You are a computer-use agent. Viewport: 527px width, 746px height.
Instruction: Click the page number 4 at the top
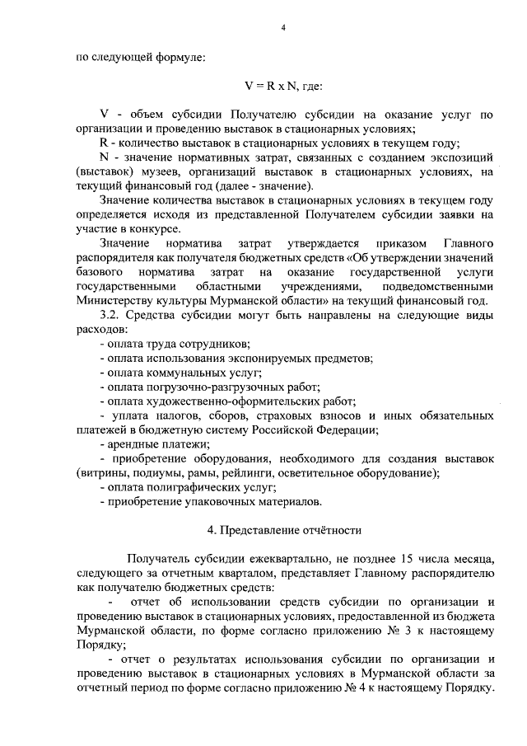point(282,28)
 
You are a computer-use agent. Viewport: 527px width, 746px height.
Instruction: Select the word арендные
point(128,444)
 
